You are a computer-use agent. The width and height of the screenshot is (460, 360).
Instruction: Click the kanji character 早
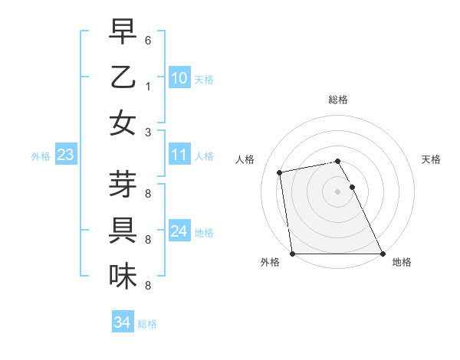(x=123, y=33)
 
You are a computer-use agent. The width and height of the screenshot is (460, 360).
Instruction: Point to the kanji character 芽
(x=123, y=185)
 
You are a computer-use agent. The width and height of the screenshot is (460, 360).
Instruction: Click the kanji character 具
(x=123, y=230)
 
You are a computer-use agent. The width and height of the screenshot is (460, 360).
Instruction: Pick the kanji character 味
(x=123, y=276)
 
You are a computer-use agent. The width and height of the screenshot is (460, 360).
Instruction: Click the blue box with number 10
(x=179, y=78)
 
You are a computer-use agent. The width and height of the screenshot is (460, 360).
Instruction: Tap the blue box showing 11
(x=179, y=155)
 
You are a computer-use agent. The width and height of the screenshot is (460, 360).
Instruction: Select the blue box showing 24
(x=179, y=231)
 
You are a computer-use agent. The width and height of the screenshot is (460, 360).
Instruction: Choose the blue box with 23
(x=65, y=155)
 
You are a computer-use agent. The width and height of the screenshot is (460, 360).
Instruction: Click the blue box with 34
(x=122, y=322)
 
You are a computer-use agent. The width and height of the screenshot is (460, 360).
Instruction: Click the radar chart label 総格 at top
(x=338, y=100)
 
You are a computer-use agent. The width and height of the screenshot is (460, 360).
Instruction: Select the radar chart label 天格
(x=431, y=159)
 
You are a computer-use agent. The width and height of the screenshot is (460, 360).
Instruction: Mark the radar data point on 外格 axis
(x=293, y=254)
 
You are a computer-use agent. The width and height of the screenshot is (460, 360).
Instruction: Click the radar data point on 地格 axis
(x=383, y=254)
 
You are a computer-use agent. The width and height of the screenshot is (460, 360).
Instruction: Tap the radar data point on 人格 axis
(x=280, y=172)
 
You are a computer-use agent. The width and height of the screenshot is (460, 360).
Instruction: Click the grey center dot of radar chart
(x=338, y=191)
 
